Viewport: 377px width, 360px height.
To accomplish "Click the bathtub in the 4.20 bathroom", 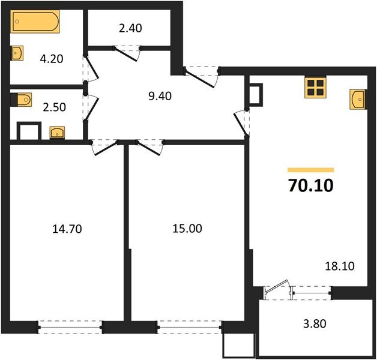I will click(x=35, y=24).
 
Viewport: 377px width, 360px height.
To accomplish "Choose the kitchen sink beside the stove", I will click(x=357, y=98).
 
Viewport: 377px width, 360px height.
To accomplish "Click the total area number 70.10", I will click(x=310, y=186).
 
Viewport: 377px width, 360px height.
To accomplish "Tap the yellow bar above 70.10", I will click(x=310, y=170).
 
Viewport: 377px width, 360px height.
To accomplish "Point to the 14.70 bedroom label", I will click(x=67, y=228).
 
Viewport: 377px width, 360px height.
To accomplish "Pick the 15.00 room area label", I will click(x=188, y=228).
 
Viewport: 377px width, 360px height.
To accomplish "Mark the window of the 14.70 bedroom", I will click(x=70, y=328).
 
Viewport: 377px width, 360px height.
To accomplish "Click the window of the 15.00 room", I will click(x=189, y=328).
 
